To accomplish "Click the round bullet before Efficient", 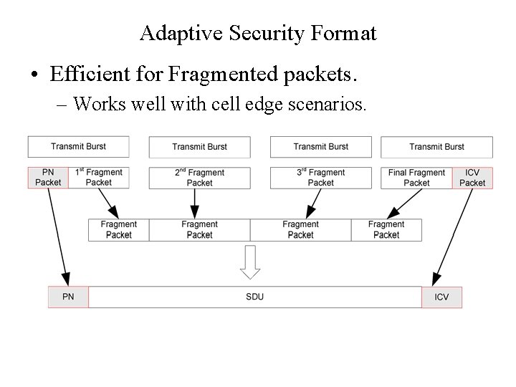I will [x=34, y=74].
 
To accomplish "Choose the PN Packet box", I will [x=48, y=178].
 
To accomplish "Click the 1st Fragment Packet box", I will [x=99, y=178].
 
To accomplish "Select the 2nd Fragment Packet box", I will [x=199, y=178].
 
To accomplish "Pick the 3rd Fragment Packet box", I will [x=320, y=178].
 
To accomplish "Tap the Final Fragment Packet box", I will [x=416, y=178].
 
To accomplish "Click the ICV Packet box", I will [x=472, y=178].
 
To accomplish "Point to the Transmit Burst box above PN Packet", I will [x=78, y=147].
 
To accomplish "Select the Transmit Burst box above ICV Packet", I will [x=436, y=147].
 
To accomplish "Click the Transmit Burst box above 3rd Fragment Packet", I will [x=320, y=147].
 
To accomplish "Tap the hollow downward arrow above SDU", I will [x=249, y=262].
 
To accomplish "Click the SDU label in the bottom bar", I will [x=254, y=297].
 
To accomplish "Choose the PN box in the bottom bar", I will [x=68, y=297].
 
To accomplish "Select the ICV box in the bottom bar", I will [x=441, y=297].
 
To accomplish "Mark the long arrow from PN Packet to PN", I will [x=58, y=236].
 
